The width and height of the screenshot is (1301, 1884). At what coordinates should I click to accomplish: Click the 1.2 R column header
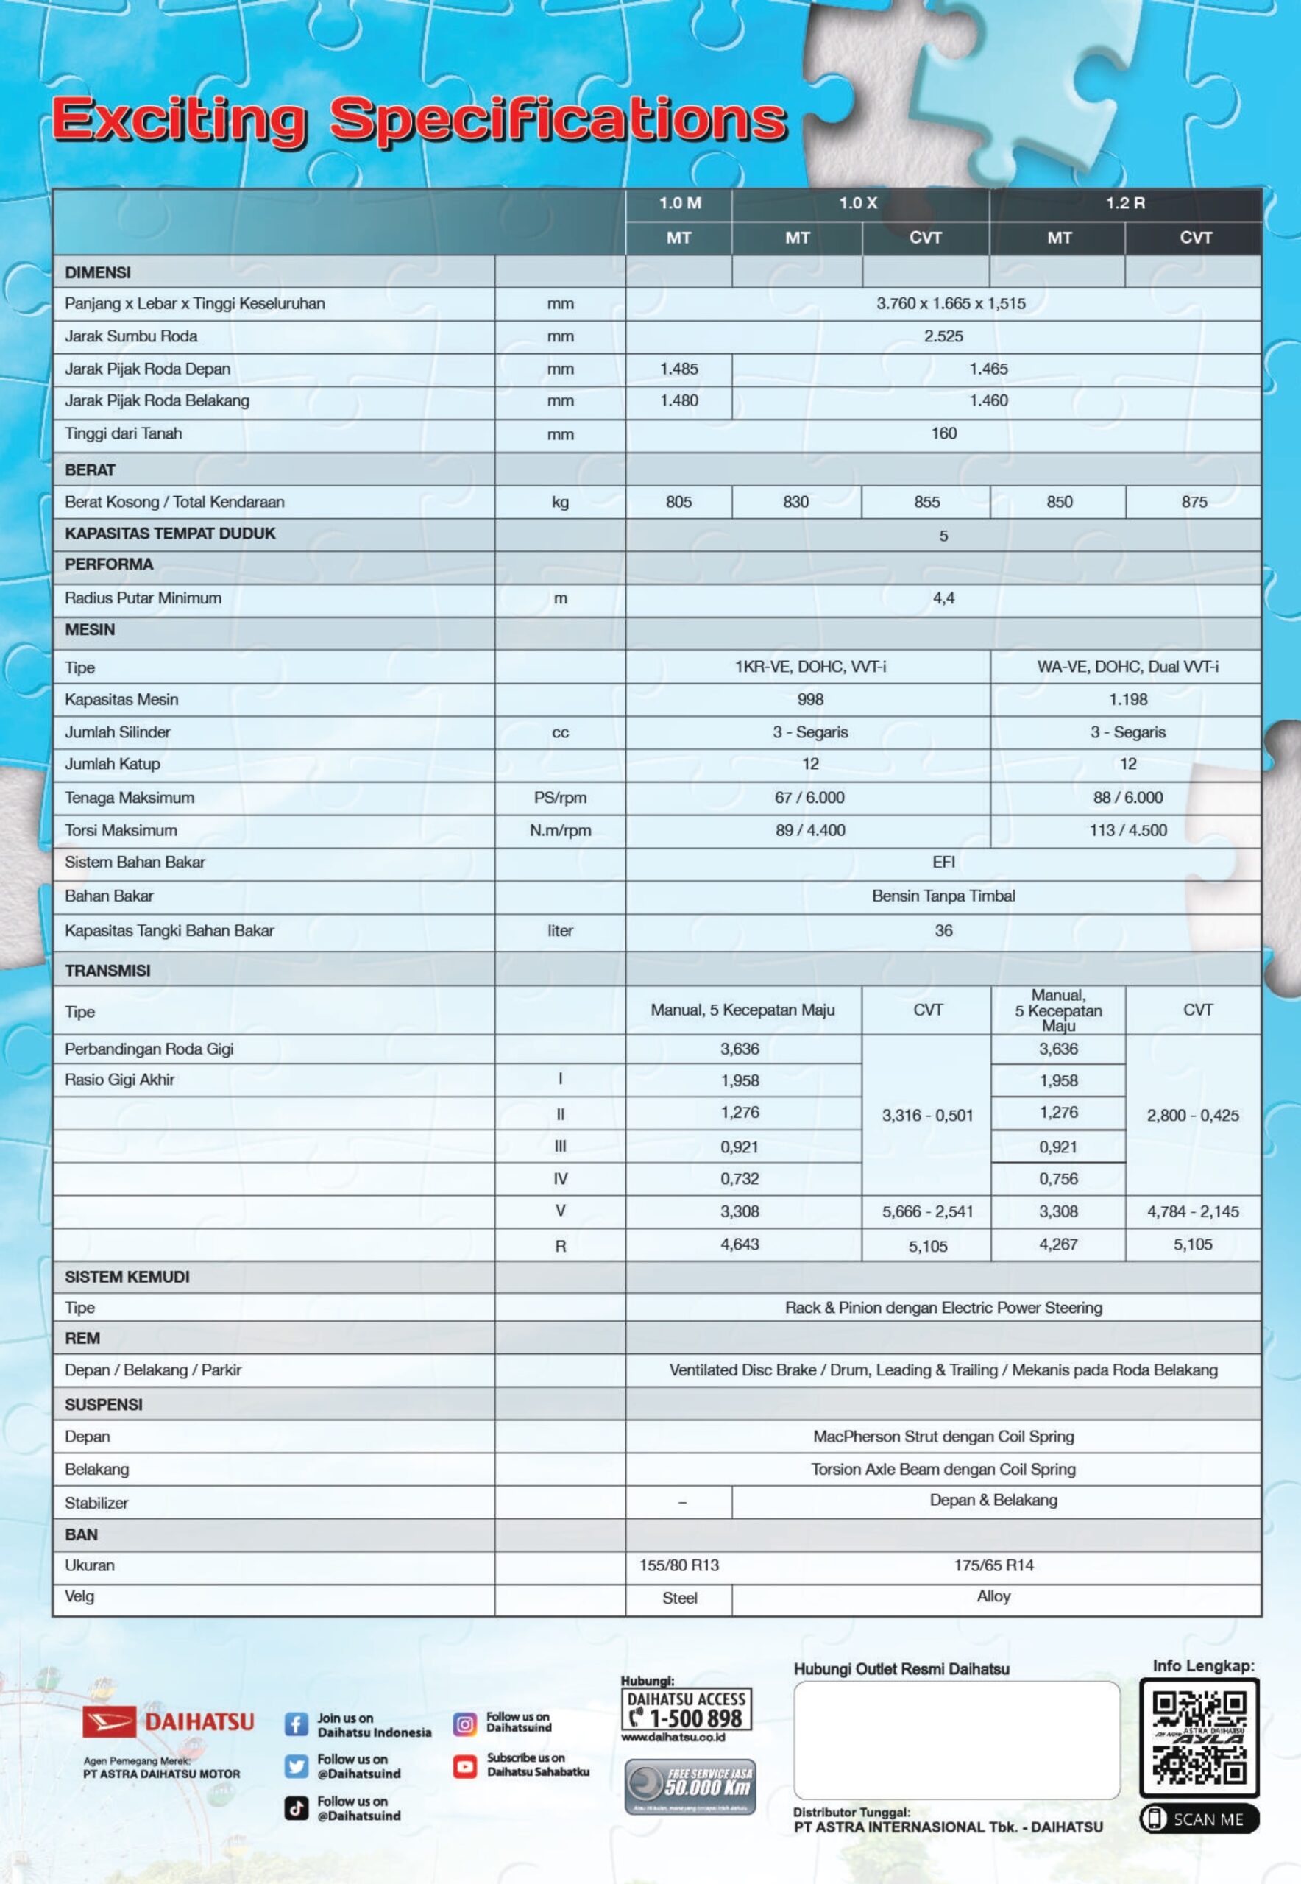tap(1125, 203)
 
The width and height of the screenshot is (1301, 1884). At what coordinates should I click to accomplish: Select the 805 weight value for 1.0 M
tap(678, 502)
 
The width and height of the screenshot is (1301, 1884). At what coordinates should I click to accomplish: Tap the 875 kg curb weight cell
tap(1194, 502)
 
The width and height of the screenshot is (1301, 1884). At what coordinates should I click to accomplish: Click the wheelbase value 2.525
tap(943, 336)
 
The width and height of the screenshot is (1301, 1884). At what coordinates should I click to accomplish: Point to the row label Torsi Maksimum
tap(121, 830)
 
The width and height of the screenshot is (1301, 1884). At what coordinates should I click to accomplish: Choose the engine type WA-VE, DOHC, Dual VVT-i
tap(1127, 667)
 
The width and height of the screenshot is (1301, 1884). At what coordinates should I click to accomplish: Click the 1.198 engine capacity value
tap(1127, 699)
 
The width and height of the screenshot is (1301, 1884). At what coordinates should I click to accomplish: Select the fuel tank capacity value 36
tap(943, 930)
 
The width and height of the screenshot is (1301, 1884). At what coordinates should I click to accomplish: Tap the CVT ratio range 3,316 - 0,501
tap(928, 1115)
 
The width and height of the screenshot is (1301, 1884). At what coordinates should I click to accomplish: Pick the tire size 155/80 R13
tap(679, 1565)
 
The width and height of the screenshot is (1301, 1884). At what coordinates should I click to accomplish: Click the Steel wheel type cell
tap(679, 1598)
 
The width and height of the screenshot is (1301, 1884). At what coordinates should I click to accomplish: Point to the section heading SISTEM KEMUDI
tap(127, 1277)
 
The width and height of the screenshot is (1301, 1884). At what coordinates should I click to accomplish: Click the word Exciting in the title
tap(180, 119)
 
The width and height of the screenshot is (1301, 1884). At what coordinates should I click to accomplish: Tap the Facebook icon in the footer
tap(296, 1724)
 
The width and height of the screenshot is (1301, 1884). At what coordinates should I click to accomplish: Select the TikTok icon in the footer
tap(296, 1808)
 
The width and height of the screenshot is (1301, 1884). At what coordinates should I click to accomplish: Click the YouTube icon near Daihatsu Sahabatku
tap(464, 1766)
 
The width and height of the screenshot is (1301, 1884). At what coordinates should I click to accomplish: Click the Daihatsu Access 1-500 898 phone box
tap(687, 1710)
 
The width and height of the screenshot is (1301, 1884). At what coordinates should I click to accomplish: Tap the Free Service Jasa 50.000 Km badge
tap(690, 1786)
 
